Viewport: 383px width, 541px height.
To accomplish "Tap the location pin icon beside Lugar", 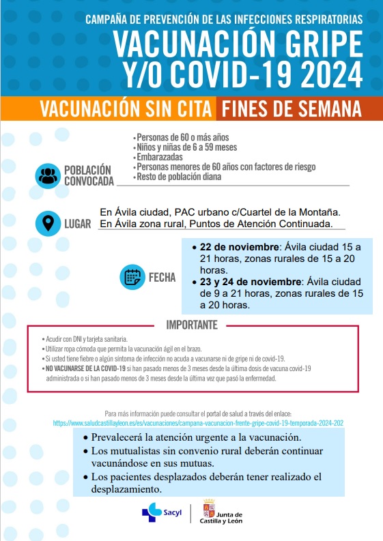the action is coord(47,223).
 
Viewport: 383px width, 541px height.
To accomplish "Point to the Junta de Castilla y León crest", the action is coord(209,511).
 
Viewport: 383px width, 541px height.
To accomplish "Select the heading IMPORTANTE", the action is coord(192,324).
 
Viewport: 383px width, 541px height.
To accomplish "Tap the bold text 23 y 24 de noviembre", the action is coord(250,281).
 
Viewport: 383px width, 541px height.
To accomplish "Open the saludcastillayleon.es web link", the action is coord(198,423).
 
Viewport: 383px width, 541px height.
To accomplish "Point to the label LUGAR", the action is coord(77,224).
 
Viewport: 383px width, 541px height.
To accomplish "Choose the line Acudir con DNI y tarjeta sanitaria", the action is coord(85,338).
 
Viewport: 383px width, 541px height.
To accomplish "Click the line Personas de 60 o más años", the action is coord(173,137).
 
